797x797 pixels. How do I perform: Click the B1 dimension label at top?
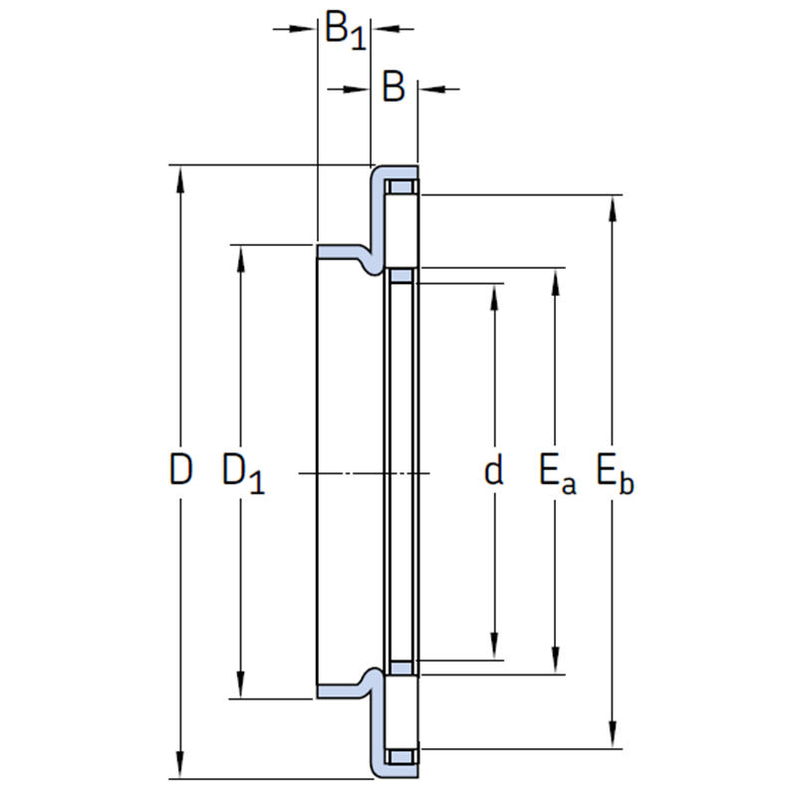tap(345, 31)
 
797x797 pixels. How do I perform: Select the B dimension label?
tap(394, 87)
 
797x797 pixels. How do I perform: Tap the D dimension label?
tap(180, 469)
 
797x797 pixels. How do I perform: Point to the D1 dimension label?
tap(243, 474)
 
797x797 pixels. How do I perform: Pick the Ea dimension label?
tap(558, 474)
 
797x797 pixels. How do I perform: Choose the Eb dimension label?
tap(615, 474)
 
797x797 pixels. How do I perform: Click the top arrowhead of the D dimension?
tap(179, 180)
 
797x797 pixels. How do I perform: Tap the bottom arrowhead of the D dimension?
tap(179, 764)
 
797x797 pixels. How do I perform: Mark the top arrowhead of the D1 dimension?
tap(240, 260)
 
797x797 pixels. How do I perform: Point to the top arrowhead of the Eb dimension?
tap(613, 209)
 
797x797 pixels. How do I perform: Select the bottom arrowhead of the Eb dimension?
tap(613, 734)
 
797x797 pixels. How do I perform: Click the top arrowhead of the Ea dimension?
tap(555, 282)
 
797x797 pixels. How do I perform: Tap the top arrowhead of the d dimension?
tap(494, 298)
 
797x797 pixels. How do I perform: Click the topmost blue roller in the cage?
tap(402, 186)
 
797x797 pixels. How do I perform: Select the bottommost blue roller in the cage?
tap(402, 757)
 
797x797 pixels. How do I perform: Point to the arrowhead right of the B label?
tap(432, 90)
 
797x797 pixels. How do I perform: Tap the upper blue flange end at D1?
tap(340, 251)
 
